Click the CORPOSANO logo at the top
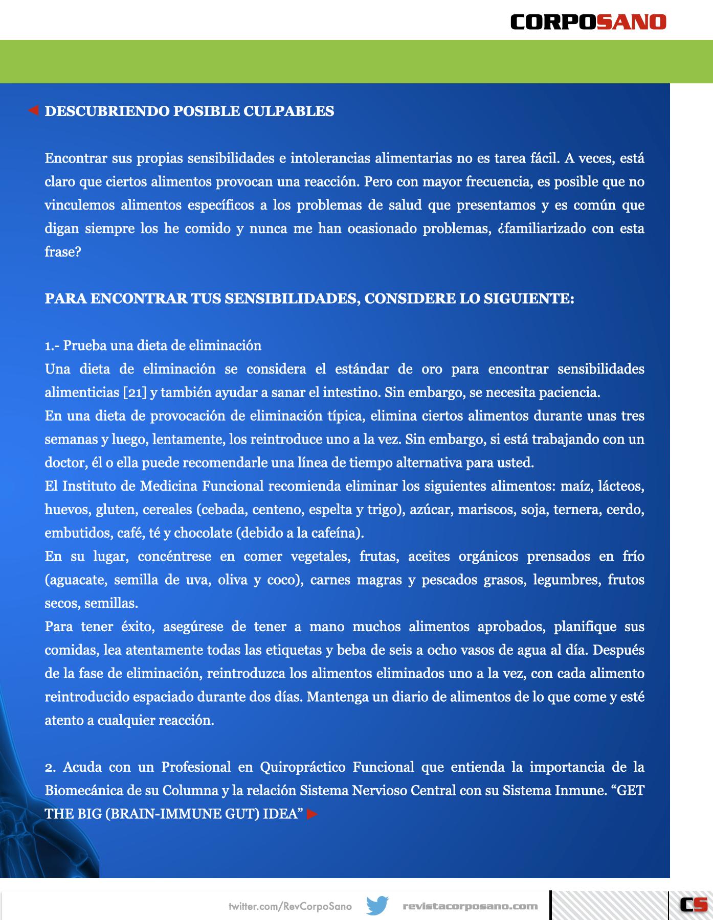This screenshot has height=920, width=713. [x=588, y=21]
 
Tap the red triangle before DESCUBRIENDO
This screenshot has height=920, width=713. [x=33, y=110]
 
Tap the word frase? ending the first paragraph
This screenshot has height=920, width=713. [x=63, y=252]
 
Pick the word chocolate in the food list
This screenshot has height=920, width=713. [x=203, y=533]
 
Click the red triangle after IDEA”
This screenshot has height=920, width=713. [x=312, y=814]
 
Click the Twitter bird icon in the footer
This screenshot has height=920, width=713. [x=377, y=906]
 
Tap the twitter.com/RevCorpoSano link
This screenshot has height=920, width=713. [x=290, y=906]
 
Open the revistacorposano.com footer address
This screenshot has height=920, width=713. [x=470, y=906]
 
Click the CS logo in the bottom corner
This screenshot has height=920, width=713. [x=693, y=905]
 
